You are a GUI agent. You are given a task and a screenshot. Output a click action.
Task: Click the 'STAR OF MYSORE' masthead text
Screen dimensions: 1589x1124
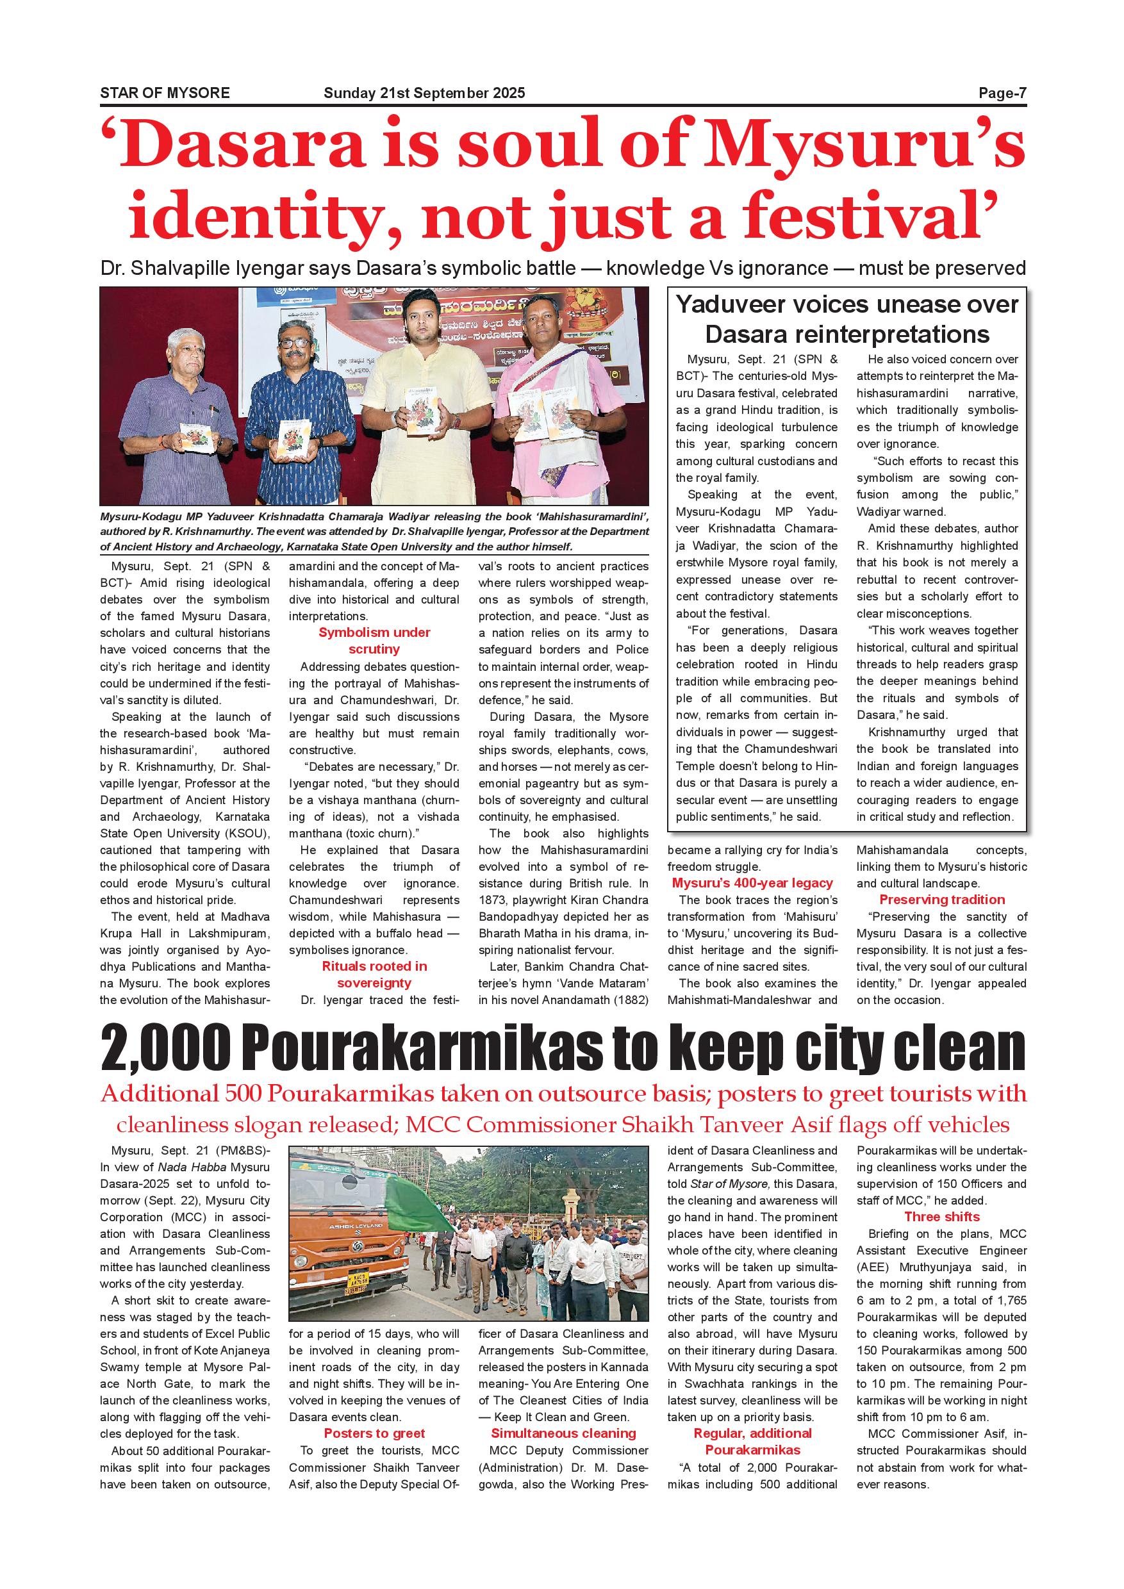point(165,93)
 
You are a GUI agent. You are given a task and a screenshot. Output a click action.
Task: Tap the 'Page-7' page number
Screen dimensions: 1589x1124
point(1002,93)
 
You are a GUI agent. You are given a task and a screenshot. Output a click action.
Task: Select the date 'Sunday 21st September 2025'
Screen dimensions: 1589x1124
point(424,93)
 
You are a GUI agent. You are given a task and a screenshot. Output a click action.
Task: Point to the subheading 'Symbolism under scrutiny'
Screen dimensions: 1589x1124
point(374,641)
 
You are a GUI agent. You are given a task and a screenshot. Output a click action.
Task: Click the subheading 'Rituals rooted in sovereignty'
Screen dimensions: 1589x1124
point(374,975)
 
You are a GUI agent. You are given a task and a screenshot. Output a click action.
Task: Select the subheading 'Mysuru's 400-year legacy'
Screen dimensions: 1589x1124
point(752,883)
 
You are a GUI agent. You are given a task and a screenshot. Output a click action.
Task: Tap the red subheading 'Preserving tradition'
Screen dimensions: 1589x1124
point(942,900)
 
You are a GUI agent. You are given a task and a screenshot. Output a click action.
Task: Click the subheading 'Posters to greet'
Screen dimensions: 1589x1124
point(374,1433)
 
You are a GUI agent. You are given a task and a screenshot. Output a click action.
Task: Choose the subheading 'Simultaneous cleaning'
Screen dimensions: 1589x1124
point(563,1433)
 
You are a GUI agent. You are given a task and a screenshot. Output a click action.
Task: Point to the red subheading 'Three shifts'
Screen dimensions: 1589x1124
point(942,1217)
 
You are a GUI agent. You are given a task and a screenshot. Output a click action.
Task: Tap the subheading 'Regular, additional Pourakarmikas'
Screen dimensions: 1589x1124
point(752,1442)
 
